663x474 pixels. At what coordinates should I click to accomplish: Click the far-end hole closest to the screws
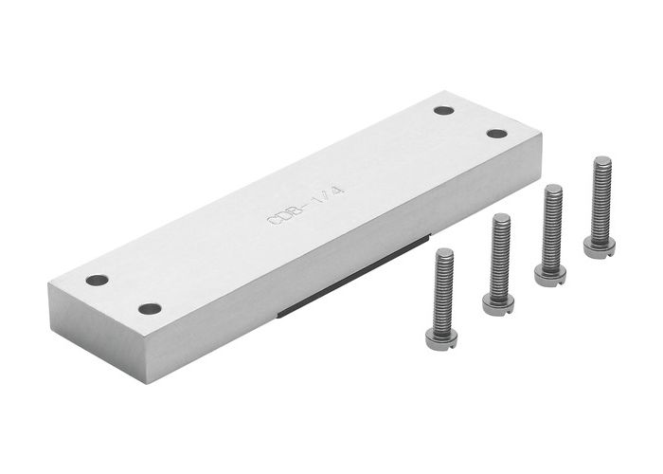click(497, 133)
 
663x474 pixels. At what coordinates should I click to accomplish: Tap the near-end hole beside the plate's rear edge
click(97, 281)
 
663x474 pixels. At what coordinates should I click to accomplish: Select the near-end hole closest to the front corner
click(150, 308)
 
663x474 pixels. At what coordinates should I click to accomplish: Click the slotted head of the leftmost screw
click(441, 339)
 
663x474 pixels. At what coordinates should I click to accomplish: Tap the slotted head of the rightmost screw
click(599, 247)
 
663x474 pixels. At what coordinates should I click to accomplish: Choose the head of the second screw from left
click(498, 303)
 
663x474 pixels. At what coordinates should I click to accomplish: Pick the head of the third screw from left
click(550, 275)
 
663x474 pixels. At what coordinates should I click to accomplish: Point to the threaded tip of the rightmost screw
click(601, 162)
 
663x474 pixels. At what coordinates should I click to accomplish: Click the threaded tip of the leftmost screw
click(444, 255)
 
